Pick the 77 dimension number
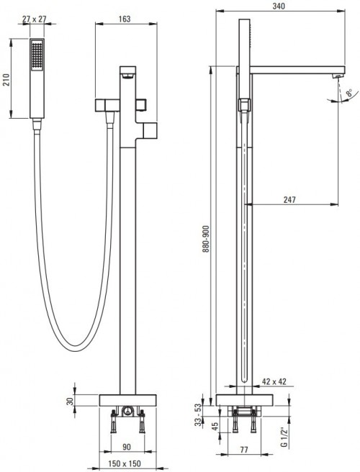(244, 448)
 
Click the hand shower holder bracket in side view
(243, 106)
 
